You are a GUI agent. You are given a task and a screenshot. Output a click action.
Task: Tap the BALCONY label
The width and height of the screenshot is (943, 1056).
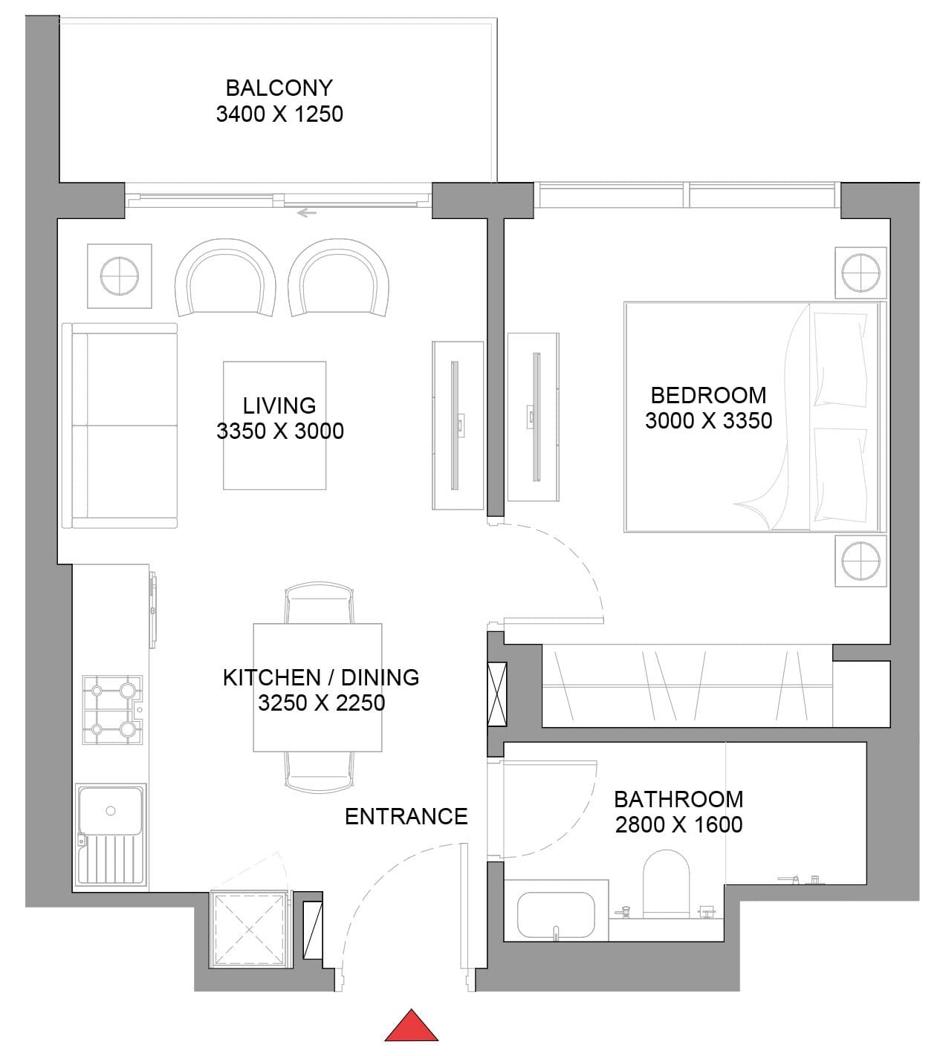pos(279,88)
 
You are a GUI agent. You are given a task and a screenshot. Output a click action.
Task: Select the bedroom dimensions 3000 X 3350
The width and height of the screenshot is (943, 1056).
pos(708,420)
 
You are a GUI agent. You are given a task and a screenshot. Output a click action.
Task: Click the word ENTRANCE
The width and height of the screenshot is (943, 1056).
pos(406,816)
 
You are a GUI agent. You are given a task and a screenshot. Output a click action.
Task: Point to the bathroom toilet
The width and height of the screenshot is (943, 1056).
pos(666,884)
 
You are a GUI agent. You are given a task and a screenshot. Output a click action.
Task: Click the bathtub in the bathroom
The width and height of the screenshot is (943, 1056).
pos(556,915)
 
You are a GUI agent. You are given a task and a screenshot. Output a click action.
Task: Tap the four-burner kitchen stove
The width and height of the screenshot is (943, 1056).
pos(112,710)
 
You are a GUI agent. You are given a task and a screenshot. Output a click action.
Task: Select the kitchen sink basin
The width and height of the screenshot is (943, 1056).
pos(111,811)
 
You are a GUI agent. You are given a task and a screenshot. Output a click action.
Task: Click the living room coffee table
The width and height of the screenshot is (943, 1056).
pos(275,426)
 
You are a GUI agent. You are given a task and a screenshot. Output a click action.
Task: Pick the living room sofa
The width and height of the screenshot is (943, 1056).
pos(120,426)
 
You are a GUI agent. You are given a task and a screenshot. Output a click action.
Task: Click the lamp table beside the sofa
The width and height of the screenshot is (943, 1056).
pos(120,276)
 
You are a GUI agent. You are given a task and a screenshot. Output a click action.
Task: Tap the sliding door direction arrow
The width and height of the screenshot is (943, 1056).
pos(307,212)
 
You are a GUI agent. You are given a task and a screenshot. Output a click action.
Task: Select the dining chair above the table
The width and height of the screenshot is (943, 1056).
pos(320,603)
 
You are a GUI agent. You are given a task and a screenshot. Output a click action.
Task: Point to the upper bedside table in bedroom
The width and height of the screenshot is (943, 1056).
pos(861,273)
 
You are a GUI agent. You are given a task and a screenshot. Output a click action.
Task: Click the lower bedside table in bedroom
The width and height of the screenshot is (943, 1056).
pos(861,561)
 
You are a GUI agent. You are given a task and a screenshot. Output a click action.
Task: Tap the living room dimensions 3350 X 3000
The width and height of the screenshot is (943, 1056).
pos(280,431)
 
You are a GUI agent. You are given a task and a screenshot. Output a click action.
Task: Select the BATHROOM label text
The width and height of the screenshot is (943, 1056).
pos(678,799)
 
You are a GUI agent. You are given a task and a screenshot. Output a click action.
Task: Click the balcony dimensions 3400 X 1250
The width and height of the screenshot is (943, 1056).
pos(279,114)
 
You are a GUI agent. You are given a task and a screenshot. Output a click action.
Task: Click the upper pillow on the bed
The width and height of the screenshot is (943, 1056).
pos(840,359)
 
